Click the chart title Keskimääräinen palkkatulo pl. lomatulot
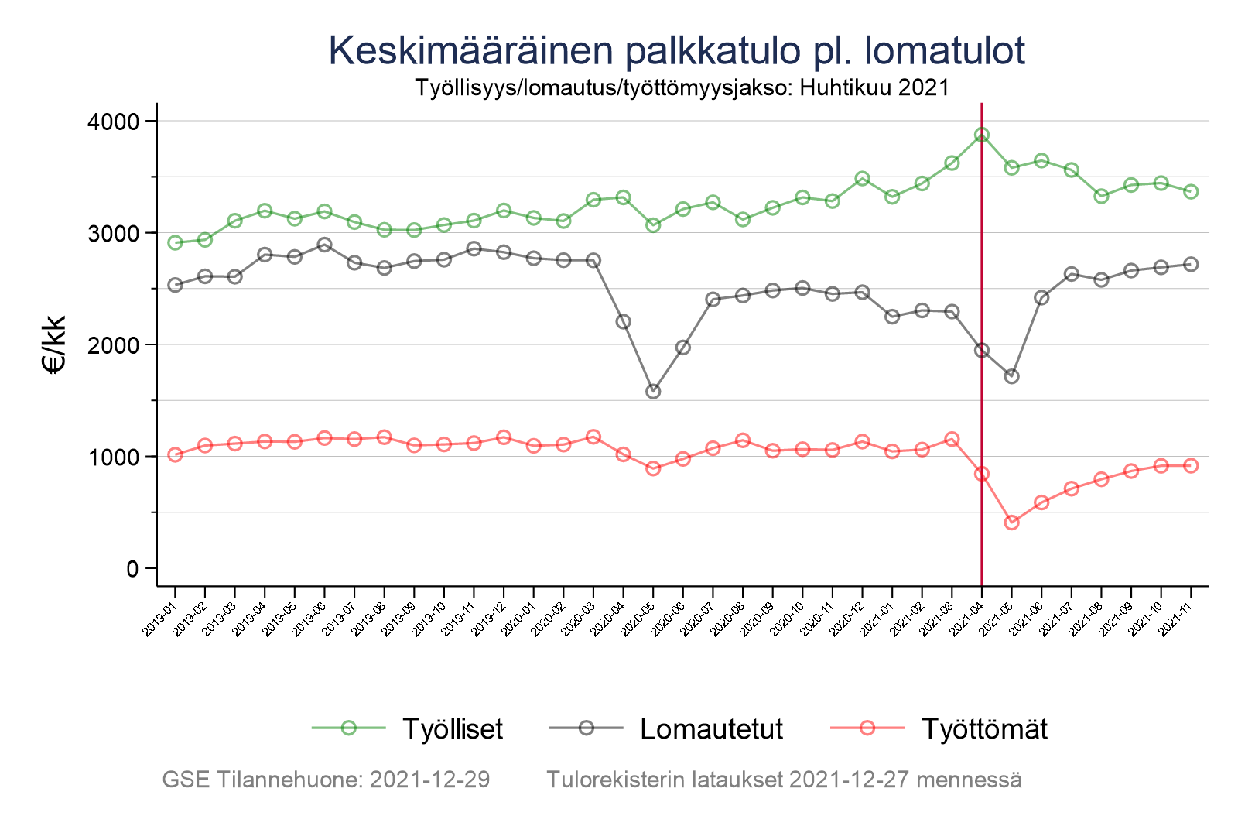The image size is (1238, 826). coord(676,51)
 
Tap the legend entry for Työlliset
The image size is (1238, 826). coord(452,729)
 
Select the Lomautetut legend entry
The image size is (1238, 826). coord(711,729)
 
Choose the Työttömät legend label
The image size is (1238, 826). coord(984,729)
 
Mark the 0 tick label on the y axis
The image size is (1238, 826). coord(132,569)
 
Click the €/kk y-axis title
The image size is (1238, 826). coord(56,345)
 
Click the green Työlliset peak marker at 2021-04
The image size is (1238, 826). coord(982,135)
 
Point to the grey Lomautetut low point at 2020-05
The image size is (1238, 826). coord(653,392)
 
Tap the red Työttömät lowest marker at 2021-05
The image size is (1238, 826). coord(1011,523)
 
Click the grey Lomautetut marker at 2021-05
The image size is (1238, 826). coord(1011,376)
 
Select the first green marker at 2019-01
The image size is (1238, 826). coord(175,242)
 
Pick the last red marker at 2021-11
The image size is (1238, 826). coord(1191,465)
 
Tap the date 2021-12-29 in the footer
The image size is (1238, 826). coord(429,780)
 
